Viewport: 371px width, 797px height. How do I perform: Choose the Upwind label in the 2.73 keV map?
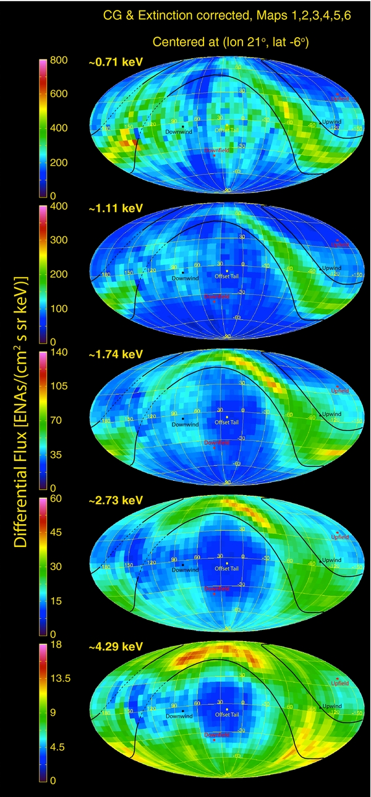tap(331, 560)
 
